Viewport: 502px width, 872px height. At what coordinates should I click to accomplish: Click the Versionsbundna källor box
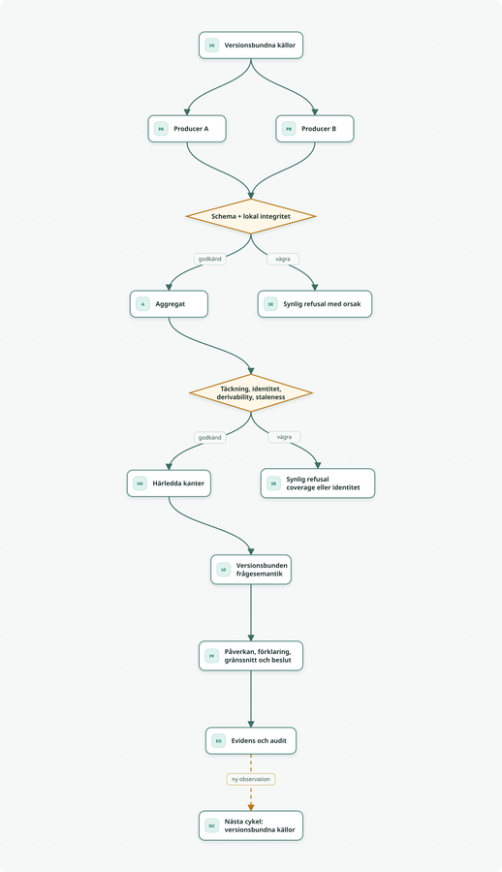tap(250, 45)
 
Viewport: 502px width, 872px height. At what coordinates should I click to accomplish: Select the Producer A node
tap(187, 129)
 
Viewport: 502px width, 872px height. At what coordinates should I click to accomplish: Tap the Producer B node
tap(314, 129)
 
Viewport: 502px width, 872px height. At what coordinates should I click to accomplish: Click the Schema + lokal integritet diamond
tap(251, 216)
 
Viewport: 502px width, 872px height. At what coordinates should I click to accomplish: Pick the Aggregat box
tap(170, 304)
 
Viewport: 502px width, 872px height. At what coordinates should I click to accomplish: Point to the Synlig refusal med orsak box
tap(314, 304)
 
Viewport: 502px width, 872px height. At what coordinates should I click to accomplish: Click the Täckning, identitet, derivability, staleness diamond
tap(251, 393)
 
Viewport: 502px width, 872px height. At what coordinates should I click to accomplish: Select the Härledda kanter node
tap(170, 483)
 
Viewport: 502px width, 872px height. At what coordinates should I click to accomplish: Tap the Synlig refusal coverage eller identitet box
tap(318, 483)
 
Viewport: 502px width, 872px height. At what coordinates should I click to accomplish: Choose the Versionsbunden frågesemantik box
tap(251, 570)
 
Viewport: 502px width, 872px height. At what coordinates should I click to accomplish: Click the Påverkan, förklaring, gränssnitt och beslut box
tap(251, 656)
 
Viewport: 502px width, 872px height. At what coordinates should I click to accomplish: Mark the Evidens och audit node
tap(251, 741)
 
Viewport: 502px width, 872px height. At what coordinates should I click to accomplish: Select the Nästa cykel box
tap(251, 825)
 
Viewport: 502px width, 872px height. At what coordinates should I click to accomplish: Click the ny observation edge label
tap(251, 779)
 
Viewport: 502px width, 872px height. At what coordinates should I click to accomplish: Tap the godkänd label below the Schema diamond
tap(210, 259)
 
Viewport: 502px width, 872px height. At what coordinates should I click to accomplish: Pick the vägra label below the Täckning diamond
tap(284, 437)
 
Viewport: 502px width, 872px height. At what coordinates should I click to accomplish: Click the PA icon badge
tap(161, 129)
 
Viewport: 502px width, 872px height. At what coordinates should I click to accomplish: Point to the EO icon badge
tap(219, 741)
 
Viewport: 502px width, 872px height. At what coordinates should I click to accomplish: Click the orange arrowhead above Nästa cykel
tap(251, 807)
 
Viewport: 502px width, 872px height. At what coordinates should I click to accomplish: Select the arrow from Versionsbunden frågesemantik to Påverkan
tap(251, 612)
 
